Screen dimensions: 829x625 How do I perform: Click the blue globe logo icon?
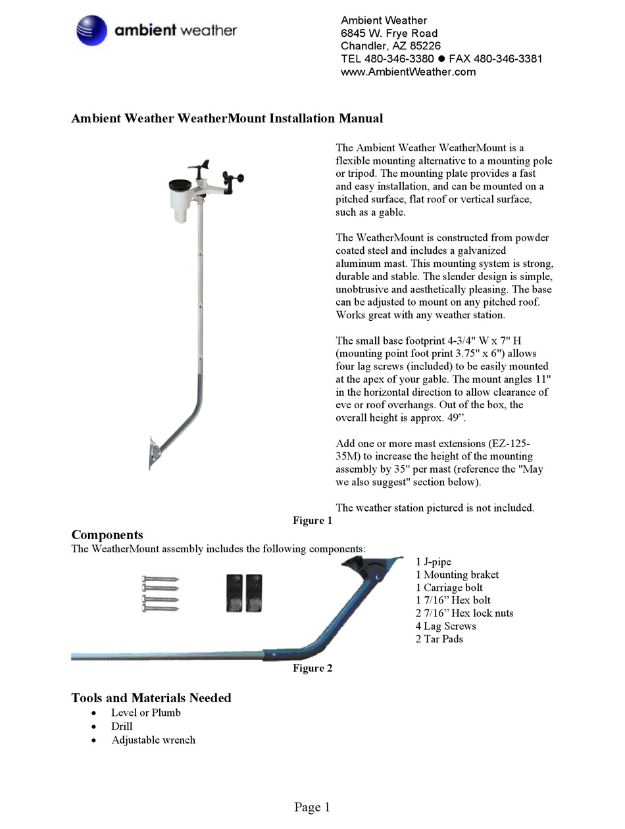(x=91, y=30)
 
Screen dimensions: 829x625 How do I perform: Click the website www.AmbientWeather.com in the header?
(x=408, y=72)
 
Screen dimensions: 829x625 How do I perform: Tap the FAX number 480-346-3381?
(x=495, y=59)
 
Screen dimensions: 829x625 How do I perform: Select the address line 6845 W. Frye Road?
(x=389, y=33)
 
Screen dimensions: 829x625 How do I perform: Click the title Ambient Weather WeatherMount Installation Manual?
(x=227, y=118)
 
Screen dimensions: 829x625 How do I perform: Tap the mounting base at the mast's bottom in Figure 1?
(x=154, y=453)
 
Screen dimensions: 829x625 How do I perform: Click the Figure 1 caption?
(x=312, y=521)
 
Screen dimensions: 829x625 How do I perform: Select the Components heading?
(x=107, y=534)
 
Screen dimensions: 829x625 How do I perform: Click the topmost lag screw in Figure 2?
(x=161, y=579)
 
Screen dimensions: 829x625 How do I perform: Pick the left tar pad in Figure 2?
(x=234, y=593)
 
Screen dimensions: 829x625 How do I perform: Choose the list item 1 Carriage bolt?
(x=449, y=587)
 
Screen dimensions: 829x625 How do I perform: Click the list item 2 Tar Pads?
(x=439, y=638)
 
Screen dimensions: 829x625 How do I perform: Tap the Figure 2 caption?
(x=312, y=668)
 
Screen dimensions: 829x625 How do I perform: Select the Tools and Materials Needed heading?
(x=151, y=698)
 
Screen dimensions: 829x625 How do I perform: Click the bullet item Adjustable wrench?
(x=153, y=740)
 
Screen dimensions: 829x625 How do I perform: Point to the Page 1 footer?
(x=312, y=807)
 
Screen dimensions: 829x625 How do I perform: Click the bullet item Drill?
(x=122, y=726)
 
